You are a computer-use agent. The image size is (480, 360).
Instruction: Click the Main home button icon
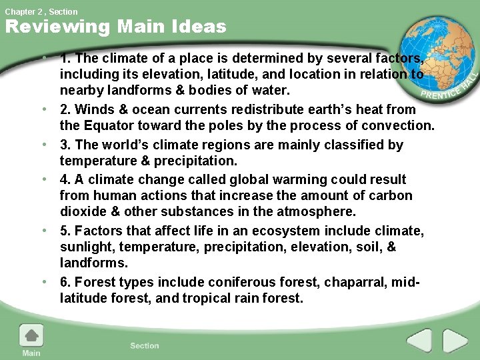[x=31, y=335]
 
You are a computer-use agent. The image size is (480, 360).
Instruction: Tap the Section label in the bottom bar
[x=145, y=345]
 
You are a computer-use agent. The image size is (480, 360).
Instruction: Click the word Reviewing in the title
[x=57, y=27]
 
